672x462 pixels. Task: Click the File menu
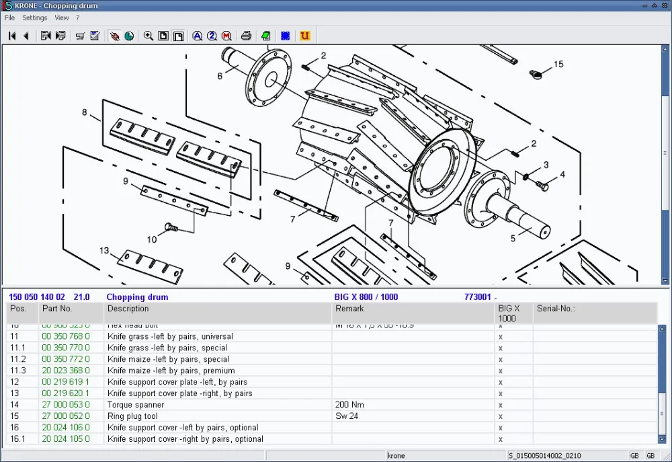[x=9, y=18]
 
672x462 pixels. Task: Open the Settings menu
[x=34, y=18]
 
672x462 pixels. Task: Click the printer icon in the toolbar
[x=247, y=36]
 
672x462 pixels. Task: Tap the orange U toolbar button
[x=305, y=36]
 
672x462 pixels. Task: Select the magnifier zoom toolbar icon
[x=149, y=36]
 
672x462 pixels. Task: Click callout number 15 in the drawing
[x=558, y=65]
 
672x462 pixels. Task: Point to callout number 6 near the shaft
[x=220, y=76]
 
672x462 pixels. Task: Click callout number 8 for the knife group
[x=85, y=112]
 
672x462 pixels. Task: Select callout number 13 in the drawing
[x=104, y=251]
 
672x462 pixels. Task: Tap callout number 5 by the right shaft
[x=513, y=238]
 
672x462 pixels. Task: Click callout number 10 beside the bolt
[x=152, y=239]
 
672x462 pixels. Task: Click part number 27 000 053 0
[x=65, y=405]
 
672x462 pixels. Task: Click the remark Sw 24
[x=346, y=416]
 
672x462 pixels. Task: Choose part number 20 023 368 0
[x=65, y=371]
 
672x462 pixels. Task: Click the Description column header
[x=128, y=309]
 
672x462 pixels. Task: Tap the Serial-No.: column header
[x=556, y=309]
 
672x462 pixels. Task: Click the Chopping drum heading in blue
[x=137, y=297]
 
